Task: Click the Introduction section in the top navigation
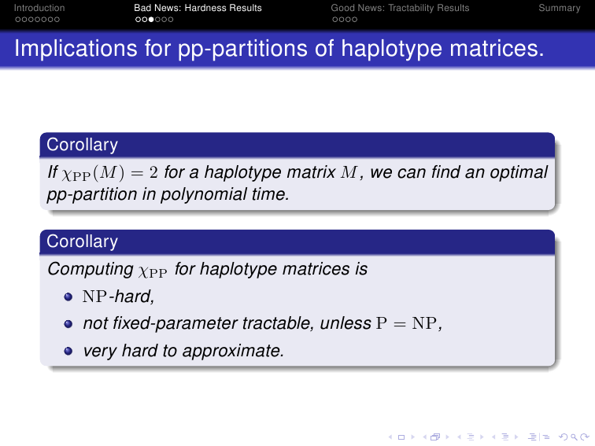point(39,8)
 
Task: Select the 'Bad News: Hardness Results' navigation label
point(198,8)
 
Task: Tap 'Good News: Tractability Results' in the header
point(400,8)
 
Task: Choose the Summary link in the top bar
point(560,8)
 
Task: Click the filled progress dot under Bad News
point(151,20)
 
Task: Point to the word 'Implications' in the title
point(76,50)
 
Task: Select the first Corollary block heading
point(83,145)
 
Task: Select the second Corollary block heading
point(83,241)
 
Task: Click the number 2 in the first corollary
point(153,172)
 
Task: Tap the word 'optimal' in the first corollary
point(519,172)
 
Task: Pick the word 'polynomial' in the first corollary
point(204,194)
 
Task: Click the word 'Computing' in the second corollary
point(91,269)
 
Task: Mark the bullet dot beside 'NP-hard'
point(68,297)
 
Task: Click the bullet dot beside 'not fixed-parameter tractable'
point(68,324)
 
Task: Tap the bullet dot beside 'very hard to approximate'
point(68,351)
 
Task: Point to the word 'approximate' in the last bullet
point(233,351)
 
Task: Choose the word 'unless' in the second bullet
point(346,323)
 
